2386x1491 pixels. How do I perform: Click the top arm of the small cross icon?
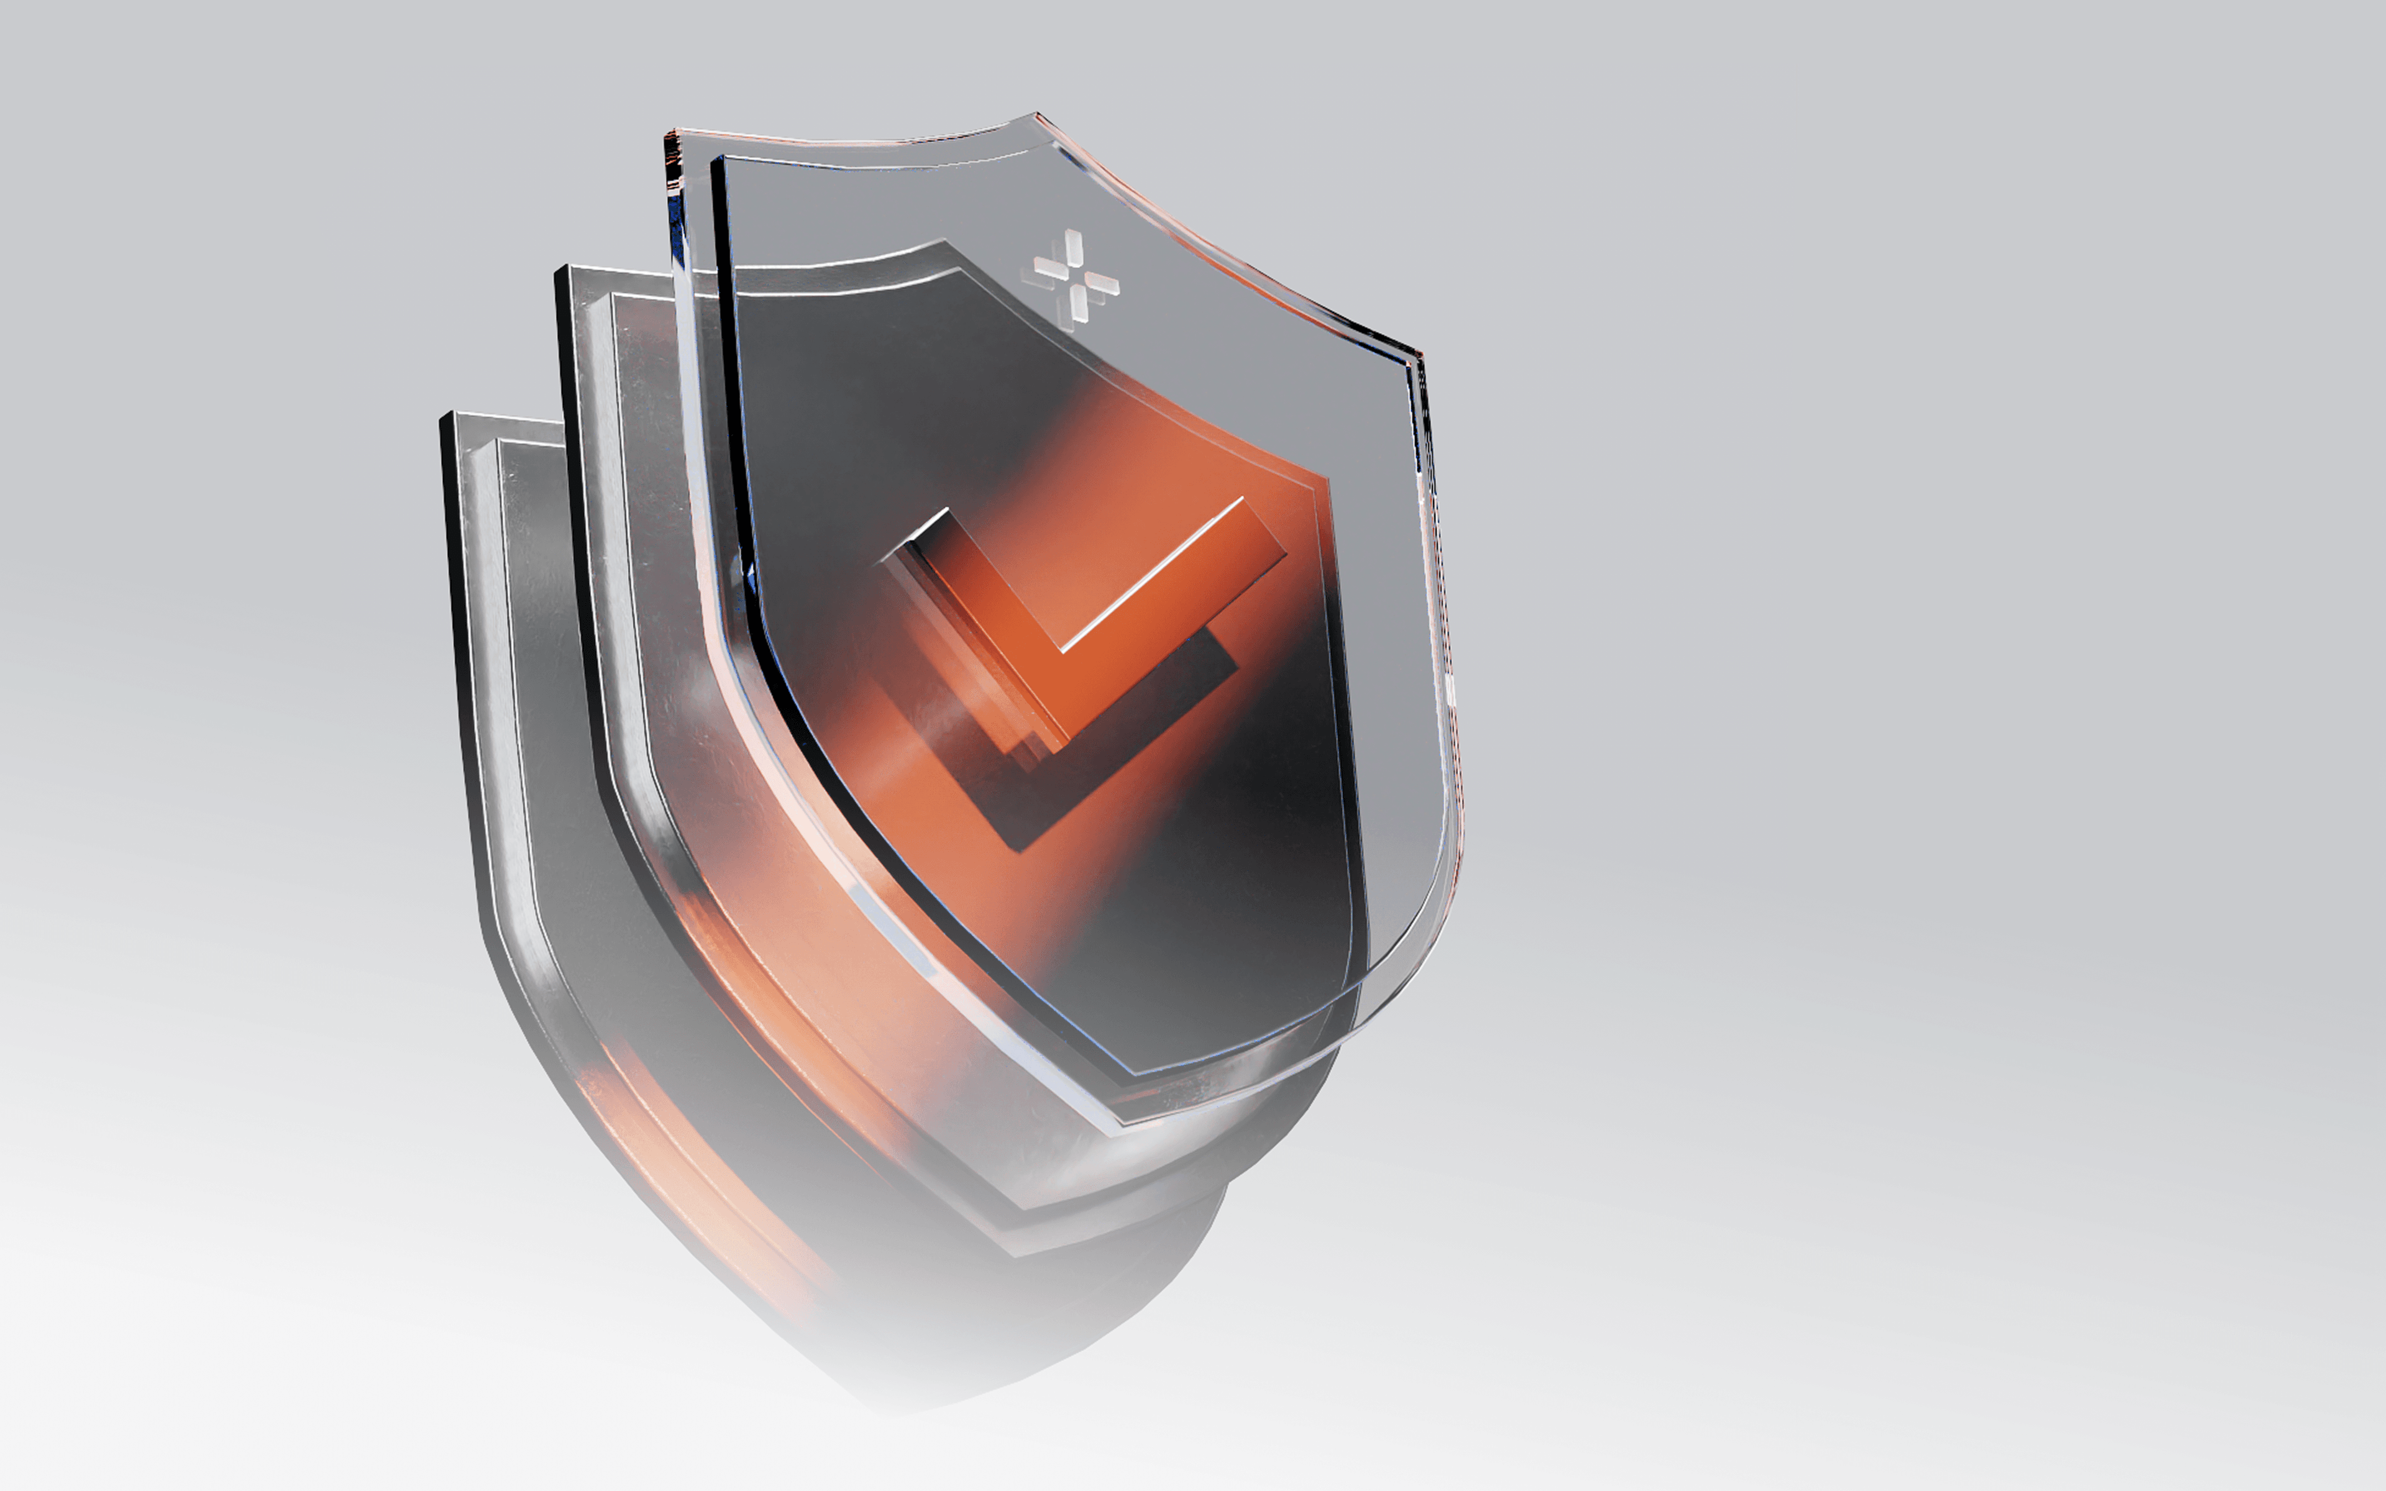pos(1072,247)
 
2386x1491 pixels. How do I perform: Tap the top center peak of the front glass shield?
pos(1035,116)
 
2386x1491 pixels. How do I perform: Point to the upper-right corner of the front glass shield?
pos(1418,353)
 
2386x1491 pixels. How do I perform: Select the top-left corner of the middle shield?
pos(560,269)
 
